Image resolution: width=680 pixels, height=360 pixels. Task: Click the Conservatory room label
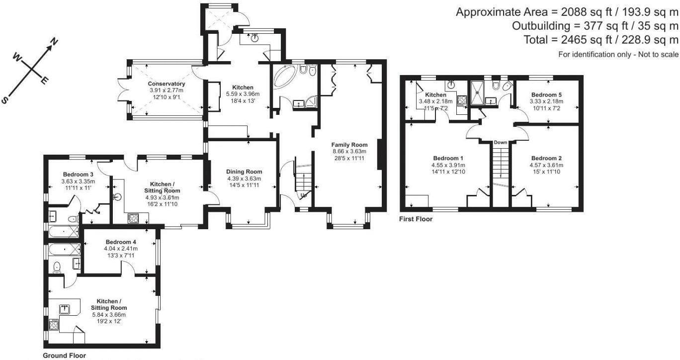click(167, 84)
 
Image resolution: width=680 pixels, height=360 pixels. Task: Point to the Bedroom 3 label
click(78, 174)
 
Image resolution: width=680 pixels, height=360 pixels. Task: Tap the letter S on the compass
click(5, 99)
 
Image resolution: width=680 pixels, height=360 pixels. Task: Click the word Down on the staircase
click(501, 143)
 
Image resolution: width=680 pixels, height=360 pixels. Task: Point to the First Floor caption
click(416, 219)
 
